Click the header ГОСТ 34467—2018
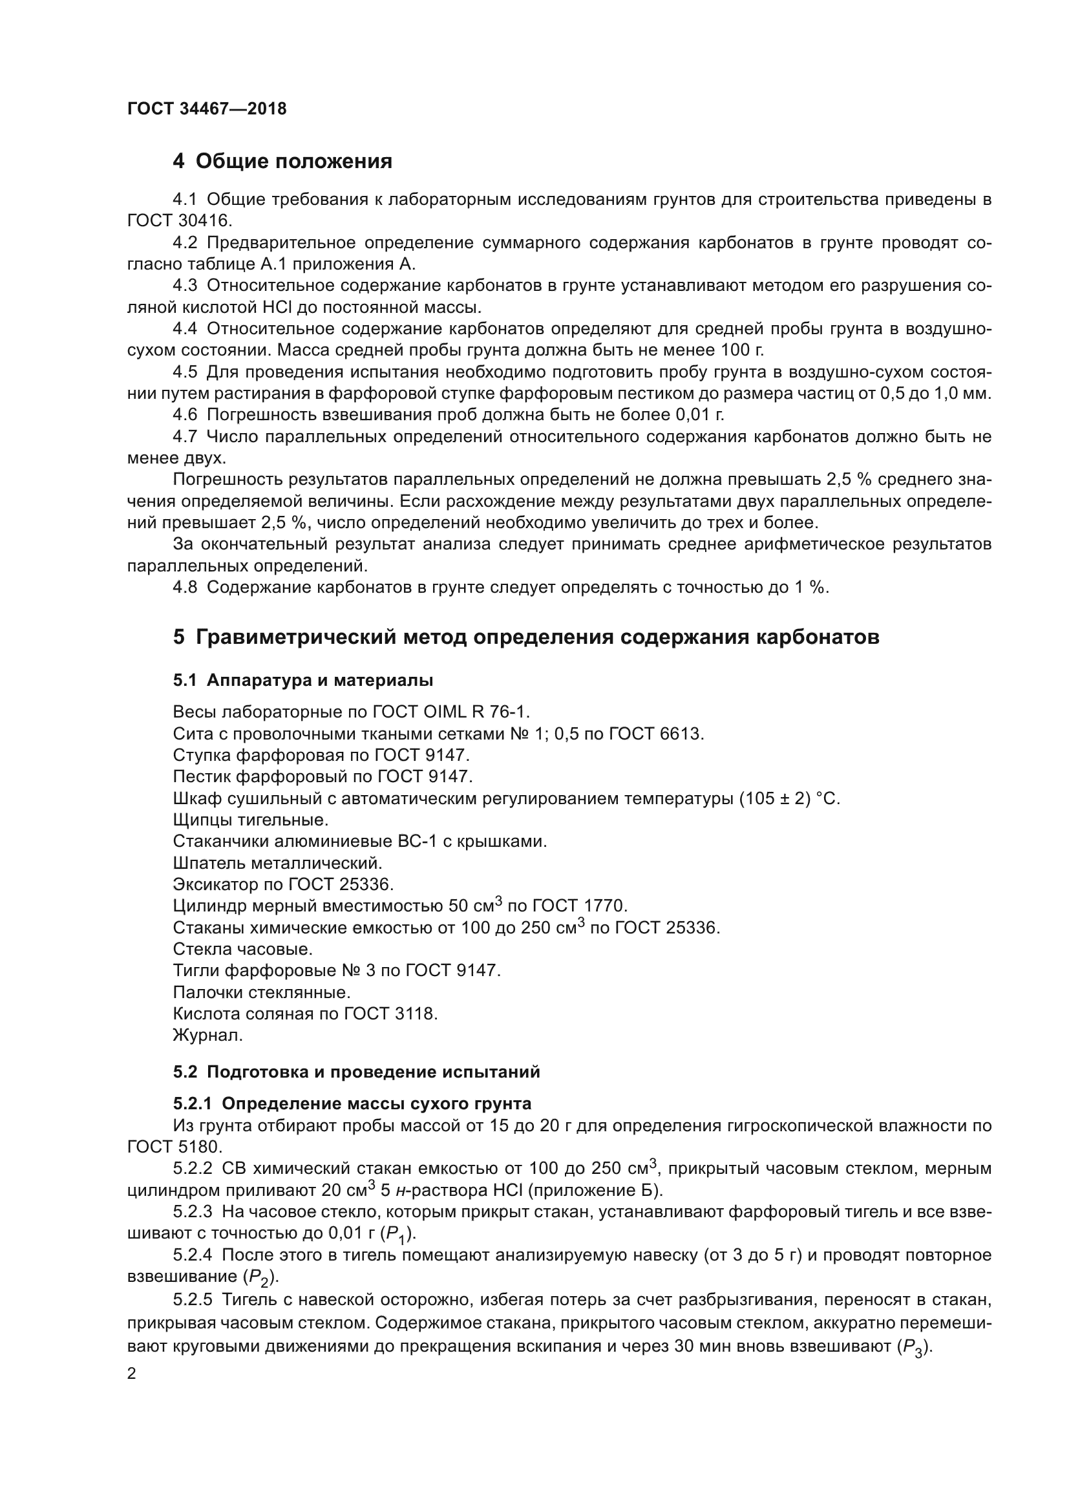207,109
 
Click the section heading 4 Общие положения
282,161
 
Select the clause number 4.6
185,414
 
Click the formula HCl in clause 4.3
278,307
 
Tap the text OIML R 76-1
474,712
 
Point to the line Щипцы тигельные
250,820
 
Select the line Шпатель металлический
277,863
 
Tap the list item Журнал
208,1035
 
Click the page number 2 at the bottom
132,1374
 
